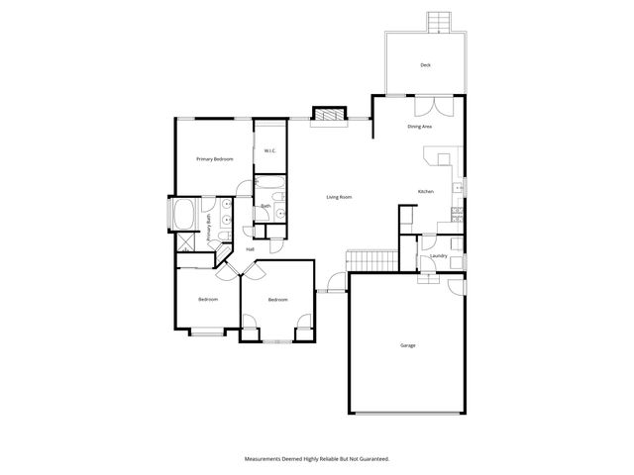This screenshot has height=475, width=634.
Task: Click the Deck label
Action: pyautogui.click(x=425, y=65)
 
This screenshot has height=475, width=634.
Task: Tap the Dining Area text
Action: pyautogui.click(x=419, y=127)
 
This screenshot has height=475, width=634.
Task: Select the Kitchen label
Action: pyautogui.click(x=425, y=191)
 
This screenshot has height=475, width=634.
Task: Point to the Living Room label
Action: pyautogui.click(x=339, y=197)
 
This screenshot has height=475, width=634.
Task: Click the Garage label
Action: pyautogui.click(x=407, y=345)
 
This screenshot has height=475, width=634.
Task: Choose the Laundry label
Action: pyautogui.click(x=439, y=256)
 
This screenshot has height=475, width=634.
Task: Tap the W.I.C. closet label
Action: pyautogui.click(x=268, y=150)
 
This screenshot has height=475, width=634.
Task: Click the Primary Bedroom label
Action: pyautogui.click(x=214, y=158)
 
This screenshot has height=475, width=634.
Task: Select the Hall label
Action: pyautogui.click(x=250, y=249)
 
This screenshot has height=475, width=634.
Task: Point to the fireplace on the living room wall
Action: pyautogui.click(x=329, y=116)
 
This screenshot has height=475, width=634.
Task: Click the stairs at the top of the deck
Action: pyautogui.click(x=439, y=22)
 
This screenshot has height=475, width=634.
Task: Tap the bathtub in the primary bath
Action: pyautogui.click(x=184, y=215)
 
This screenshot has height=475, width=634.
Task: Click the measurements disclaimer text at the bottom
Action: pyautogui.click(x=317, y=459)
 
